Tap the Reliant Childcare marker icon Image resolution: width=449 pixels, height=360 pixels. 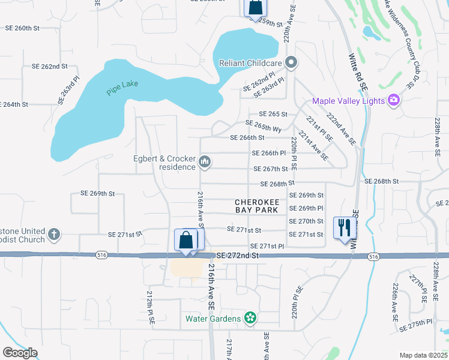[292, 62]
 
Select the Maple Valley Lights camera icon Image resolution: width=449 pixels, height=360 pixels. [394, 100]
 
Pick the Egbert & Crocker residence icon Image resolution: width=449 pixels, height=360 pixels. [205, 161]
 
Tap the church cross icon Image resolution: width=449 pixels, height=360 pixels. [54, 234]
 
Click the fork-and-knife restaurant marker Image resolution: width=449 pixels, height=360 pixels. [345, 227]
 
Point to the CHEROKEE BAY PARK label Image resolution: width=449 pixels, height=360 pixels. [256, 206]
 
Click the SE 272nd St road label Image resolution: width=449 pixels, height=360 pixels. [237, 256]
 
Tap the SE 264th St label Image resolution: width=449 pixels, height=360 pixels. [14, 104]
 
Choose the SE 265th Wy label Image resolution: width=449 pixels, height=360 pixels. [264, 127]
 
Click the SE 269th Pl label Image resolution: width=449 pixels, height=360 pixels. [306, 208]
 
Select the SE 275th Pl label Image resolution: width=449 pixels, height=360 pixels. [418, 324]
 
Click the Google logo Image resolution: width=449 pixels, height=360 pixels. [19, 353]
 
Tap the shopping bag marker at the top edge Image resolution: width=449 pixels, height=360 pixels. [255, 7]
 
